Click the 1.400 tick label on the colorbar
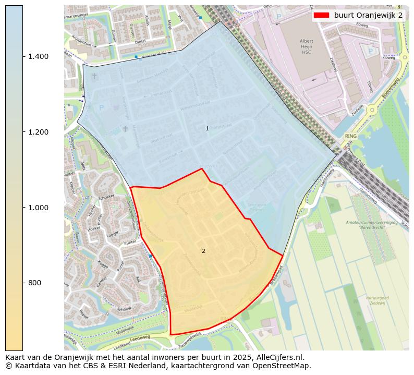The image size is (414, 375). (x=39, y=56)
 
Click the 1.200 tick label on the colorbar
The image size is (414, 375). (x=39, y=132)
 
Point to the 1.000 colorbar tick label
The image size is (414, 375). (x=39, y=208)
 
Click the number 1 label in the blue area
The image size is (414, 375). (x=207, y=129)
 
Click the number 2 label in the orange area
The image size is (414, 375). (x=203, y=251)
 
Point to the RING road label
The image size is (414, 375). (x=350, y=136)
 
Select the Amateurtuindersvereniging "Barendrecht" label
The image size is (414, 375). (x=371, y=225)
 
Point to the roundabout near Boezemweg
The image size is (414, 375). (x=371, y=110)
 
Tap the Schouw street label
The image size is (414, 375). (x=125, y=309)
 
